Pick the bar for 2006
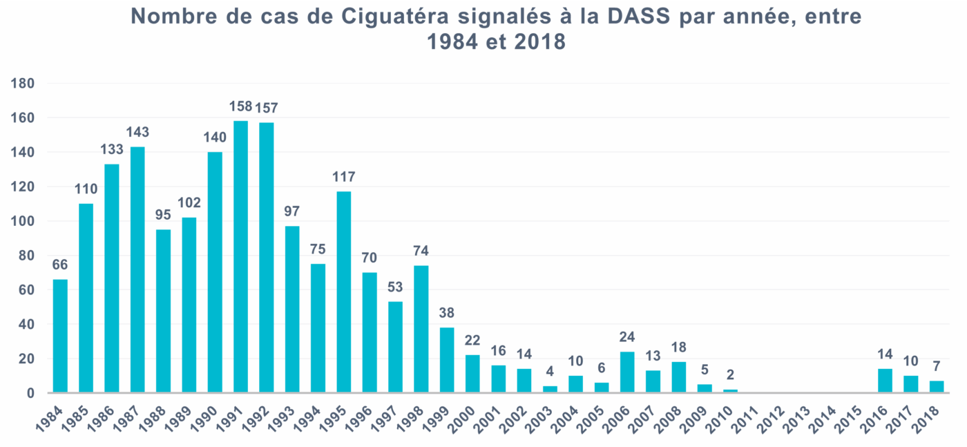tap(627, 372)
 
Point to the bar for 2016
tap(885, 381)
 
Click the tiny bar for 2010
tap(730, 391)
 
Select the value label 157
tap(267, 108)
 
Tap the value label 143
tap(137, 133)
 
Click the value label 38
tap(447, 313)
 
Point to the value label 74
tap(421, 251)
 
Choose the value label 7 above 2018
tap(937, 367)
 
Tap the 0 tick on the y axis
tap(31, 393)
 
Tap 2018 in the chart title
tap(539, 41)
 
